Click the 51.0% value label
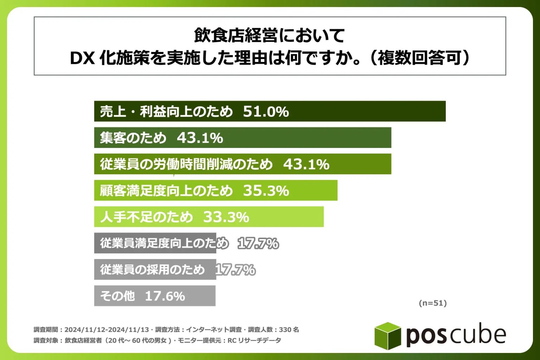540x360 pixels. pyautogui.click(x=266, y=111)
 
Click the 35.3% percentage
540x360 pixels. pyautogui.click(x=266, y=191)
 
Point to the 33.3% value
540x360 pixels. pyautogui.click(x=226, y=217)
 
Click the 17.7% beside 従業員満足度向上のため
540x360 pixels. pyautogui.click(x=258, y=243)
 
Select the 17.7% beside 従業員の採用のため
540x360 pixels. pyautogui.click(x=235, y=270)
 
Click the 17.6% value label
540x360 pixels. pyautogui.click(x=165, y=296)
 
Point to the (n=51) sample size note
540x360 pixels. pyautogui.click(x=433, y=303)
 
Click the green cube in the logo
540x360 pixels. pyautogui.click(x=387, y=336)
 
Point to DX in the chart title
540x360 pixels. pyautogui.click(x=83, y=58)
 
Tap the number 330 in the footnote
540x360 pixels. pyautogui.click(x=285, y=330)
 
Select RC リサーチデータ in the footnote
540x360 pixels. pyautogui.click(x=254, y=340)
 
